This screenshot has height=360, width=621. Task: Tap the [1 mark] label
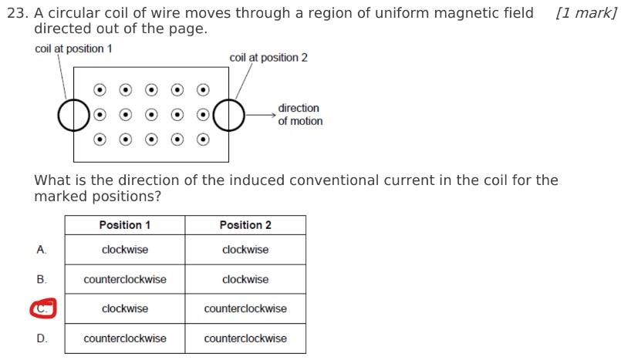click(x=586, y=13)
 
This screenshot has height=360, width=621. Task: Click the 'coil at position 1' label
click(x=73, y=49)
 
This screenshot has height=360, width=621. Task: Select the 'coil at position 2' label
click(x=268, y=58)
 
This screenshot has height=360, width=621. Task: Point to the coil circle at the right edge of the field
click(x=228, y=116)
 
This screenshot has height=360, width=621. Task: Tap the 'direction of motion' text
click(x=300, y=115)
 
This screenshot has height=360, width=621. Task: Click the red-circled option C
click(x=42, y=309)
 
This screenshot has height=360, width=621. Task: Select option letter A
click(x=42, y=250)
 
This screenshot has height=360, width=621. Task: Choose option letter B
click(x=42, y=279)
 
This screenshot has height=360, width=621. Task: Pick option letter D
click(x=42, y=338)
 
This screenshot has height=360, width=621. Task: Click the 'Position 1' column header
click(x=124, y=225)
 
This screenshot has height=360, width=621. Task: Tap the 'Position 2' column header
click(x=245, y=225)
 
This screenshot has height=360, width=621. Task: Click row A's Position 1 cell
click(x=124, y=250)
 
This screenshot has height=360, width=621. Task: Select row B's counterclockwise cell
click(x=124, y=279)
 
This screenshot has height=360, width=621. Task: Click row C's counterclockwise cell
click(x=245, y=309)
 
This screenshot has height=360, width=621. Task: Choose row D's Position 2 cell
click(x=245, y=338)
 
